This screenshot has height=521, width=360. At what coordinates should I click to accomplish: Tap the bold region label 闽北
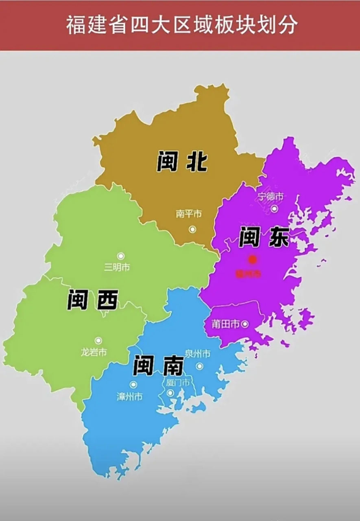(182, 162)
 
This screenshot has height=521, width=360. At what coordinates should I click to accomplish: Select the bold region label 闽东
(264, 237)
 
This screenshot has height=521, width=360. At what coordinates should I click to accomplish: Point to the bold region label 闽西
(92, 300)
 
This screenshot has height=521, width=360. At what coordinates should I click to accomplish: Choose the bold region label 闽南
(158, 366)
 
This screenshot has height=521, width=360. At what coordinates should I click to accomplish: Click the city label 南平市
(189, 214)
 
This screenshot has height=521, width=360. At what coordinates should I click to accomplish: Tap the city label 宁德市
(271, 197)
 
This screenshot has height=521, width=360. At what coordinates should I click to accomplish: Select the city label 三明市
(117, 267)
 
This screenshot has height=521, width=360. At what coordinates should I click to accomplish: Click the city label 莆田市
(225, 324)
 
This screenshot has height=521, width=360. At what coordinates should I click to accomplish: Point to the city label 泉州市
(197, 354)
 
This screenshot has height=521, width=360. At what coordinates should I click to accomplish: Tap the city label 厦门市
(178, 383)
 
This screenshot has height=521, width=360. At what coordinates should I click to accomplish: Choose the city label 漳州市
(129, 396)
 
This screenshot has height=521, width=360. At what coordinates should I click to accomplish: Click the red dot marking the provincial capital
(253, 259)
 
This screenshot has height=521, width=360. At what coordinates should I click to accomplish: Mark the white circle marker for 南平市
(192, 229)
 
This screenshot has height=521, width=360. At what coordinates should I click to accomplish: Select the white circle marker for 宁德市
(275, 209)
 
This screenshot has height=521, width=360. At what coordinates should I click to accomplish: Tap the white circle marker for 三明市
(120, 256)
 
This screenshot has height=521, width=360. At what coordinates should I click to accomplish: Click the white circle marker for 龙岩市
(98, 340)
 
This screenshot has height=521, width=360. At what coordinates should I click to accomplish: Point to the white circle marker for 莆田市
(245, 324)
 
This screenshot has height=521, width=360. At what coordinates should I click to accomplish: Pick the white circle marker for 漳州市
(133, 384)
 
